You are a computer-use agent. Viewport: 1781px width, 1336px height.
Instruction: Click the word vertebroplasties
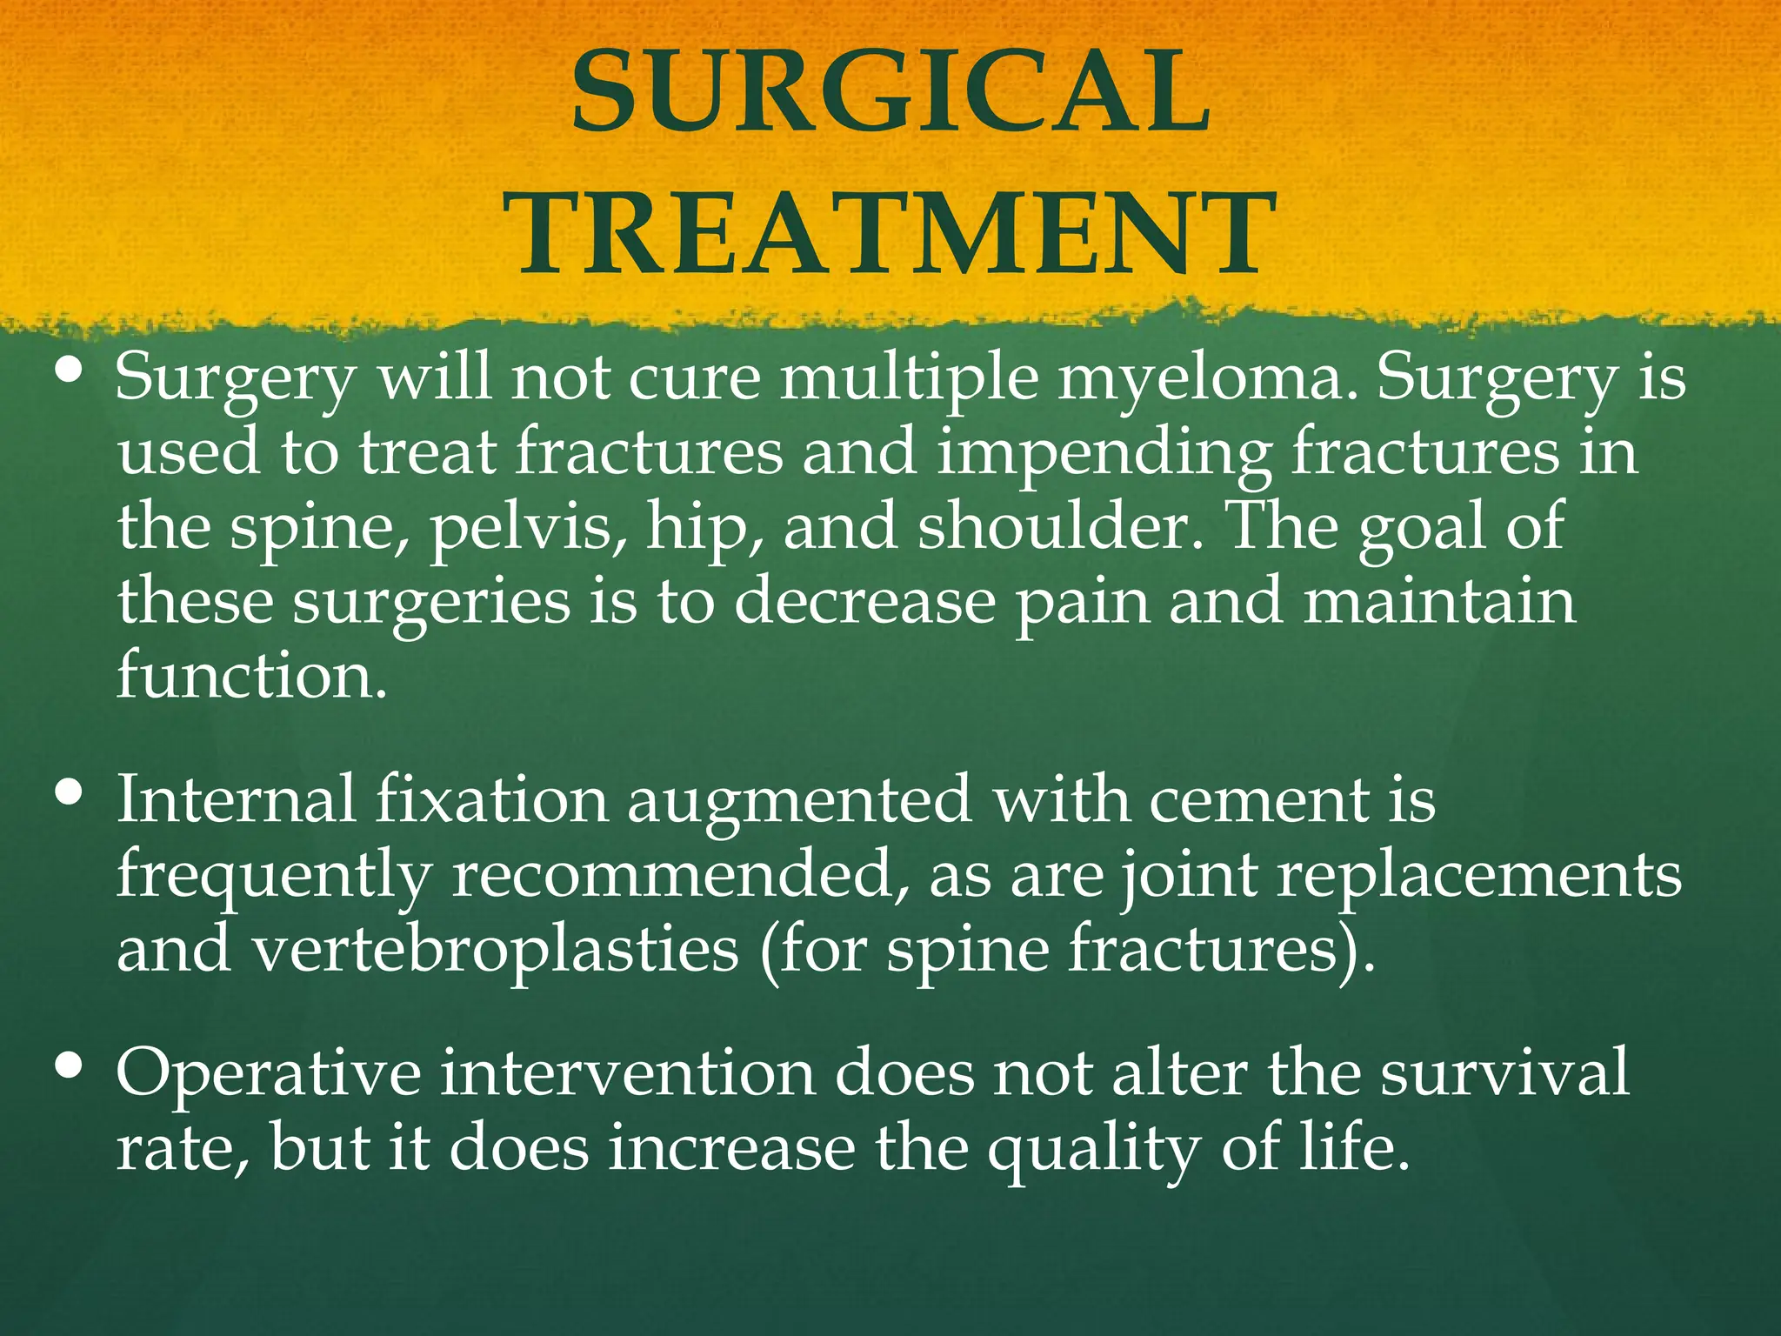point(496,950)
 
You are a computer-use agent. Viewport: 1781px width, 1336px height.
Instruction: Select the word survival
point(1504,1072)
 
